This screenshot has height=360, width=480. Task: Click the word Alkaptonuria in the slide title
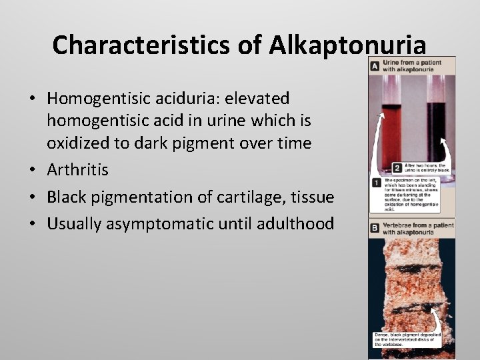coord(347,45)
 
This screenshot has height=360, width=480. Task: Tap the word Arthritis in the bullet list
coord(77,170)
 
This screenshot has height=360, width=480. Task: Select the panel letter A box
coord(375,65)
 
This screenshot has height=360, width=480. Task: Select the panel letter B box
coord(375,227)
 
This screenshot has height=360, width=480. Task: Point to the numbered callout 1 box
coord(377,182)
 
